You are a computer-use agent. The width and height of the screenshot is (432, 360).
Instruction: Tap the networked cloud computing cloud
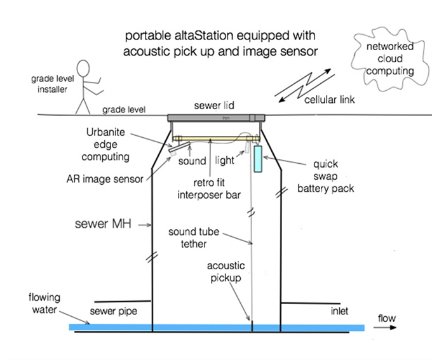coord(392,59)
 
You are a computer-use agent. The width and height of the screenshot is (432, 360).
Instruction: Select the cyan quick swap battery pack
coord(258,158)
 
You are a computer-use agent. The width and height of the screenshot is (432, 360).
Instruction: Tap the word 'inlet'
coord(339,311)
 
